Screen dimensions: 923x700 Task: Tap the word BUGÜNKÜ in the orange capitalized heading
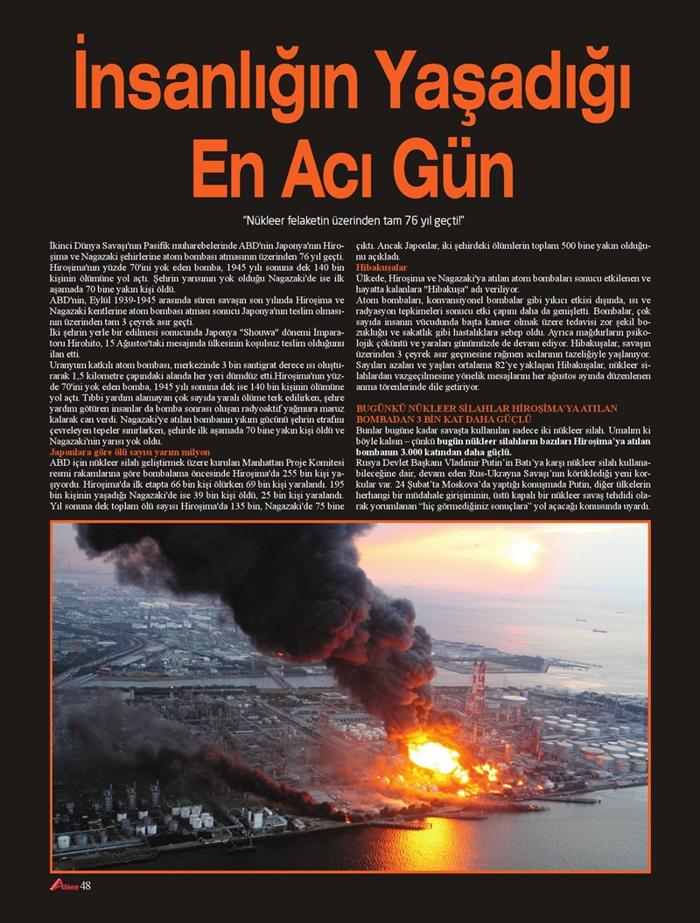pyautogui.click(x=381, y=408)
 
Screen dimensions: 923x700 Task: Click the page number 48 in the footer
pyautogui.click(x=86, y=886)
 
